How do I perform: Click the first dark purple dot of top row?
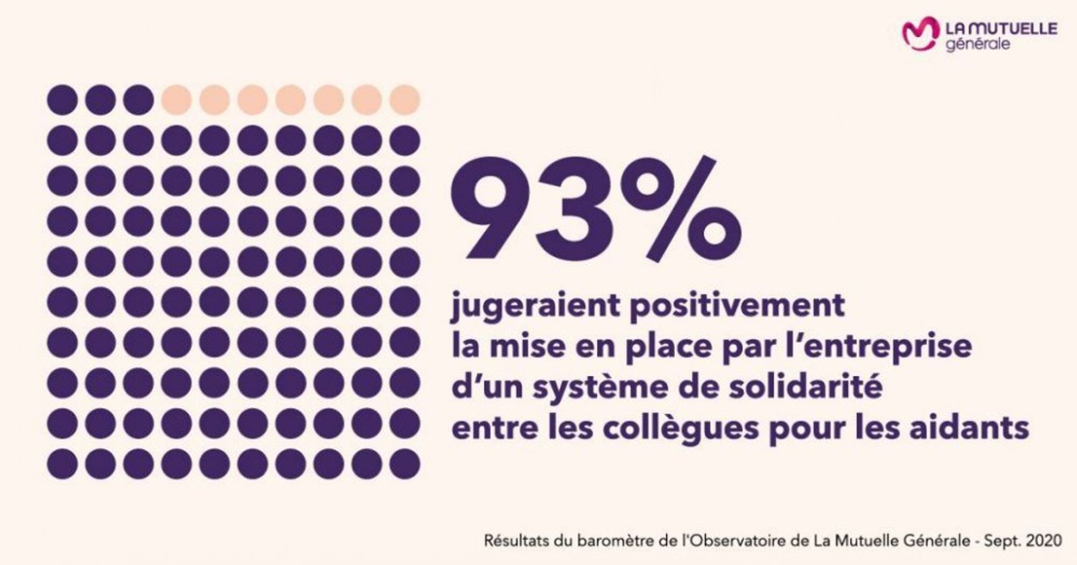[62, 100]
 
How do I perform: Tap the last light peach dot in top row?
[405, 100]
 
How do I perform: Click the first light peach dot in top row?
[176, 100]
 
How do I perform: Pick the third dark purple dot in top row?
[138, 100]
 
